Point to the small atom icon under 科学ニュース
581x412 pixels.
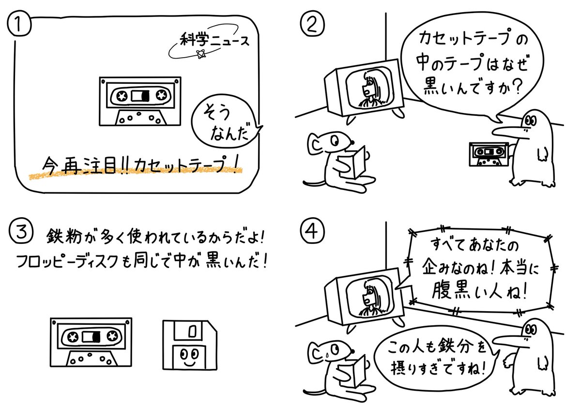coord(199,55)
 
